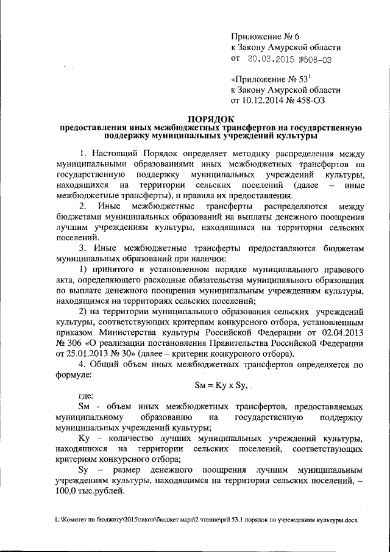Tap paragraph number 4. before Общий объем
pyautogui.click(x=83, y=366)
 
